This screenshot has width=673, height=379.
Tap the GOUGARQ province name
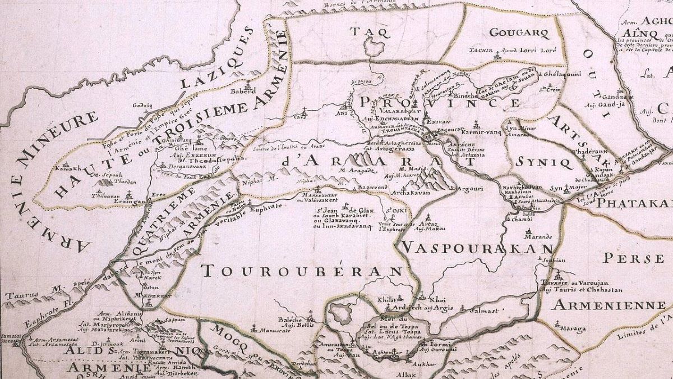519,32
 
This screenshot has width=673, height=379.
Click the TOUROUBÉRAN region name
303,271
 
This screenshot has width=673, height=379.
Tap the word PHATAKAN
634,203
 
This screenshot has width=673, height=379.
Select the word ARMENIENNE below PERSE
608,305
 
